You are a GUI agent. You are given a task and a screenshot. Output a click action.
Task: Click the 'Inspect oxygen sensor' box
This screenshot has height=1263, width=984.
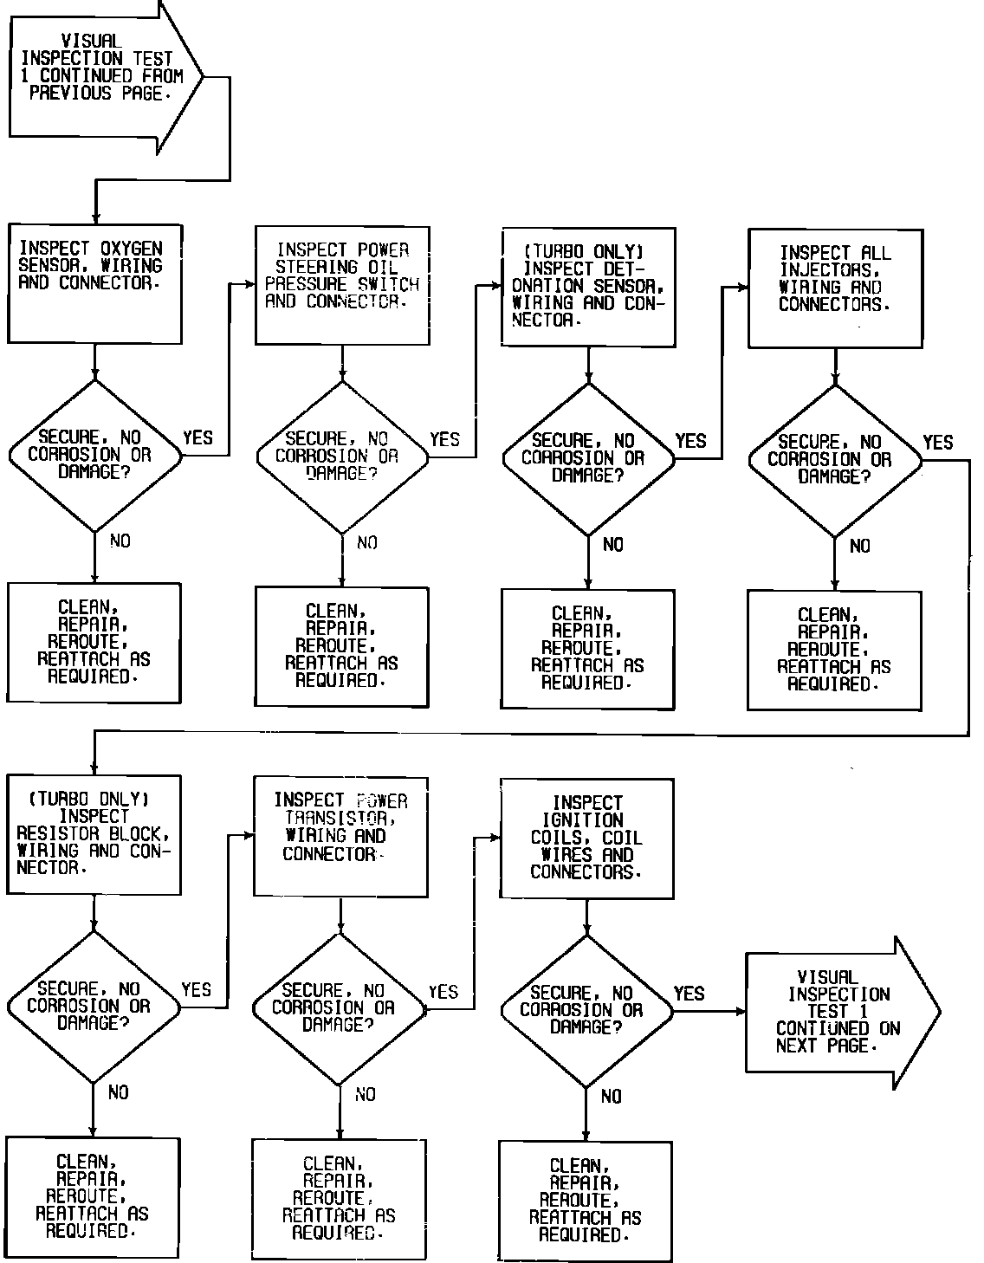[94, 282]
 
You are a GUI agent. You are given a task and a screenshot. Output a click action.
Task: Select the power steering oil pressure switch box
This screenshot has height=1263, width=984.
[342, 285]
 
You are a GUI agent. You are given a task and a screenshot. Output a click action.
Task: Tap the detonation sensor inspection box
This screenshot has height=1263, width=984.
[588, 287]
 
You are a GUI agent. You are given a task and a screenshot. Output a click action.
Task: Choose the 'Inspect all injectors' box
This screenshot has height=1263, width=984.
[834, 288]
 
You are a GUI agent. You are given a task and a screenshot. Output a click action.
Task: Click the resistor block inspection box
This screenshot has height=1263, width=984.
[94, 833]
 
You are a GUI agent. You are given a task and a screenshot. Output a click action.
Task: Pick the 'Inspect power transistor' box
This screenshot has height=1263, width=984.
[340, 836]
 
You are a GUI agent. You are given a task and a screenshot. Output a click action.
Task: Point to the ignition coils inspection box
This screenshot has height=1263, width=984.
[586, 838]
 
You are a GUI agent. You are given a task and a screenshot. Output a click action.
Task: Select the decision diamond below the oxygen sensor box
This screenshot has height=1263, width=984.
[94, 455]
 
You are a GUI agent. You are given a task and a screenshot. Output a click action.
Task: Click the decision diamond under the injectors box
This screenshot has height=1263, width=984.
[834, 460]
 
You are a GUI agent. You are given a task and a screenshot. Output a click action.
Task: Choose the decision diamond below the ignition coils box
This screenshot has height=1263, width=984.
[586, 1010]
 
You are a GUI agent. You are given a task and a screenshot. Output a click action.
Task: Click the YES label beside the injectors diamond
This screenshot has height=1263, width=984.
[937, 443]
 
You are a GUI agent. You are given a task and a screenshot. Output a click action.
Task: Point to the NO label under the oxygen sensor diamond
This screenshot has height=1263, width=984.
[120, 541]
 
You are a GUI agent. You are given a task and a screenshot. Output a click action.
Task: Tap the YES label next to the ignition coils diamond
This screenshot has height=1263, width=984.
[689, 994]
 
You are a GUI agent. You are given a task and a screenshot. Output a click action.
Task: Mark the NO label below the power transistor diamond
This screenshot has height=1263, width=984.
[366, 1095]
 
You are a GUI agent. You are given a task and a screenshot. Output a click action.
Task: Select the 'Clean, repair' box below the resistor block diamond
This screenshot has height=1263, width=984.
[93, 1195]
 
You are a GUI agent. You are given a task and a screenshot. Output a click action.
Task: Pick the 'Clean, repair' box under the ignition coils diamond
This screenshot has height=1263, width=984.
[586, 1199]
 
